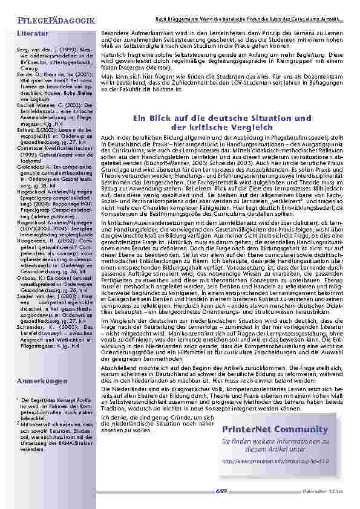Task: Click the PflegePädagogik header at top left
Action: pos(48,21)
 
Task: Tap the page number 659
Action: pos(222,492)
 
